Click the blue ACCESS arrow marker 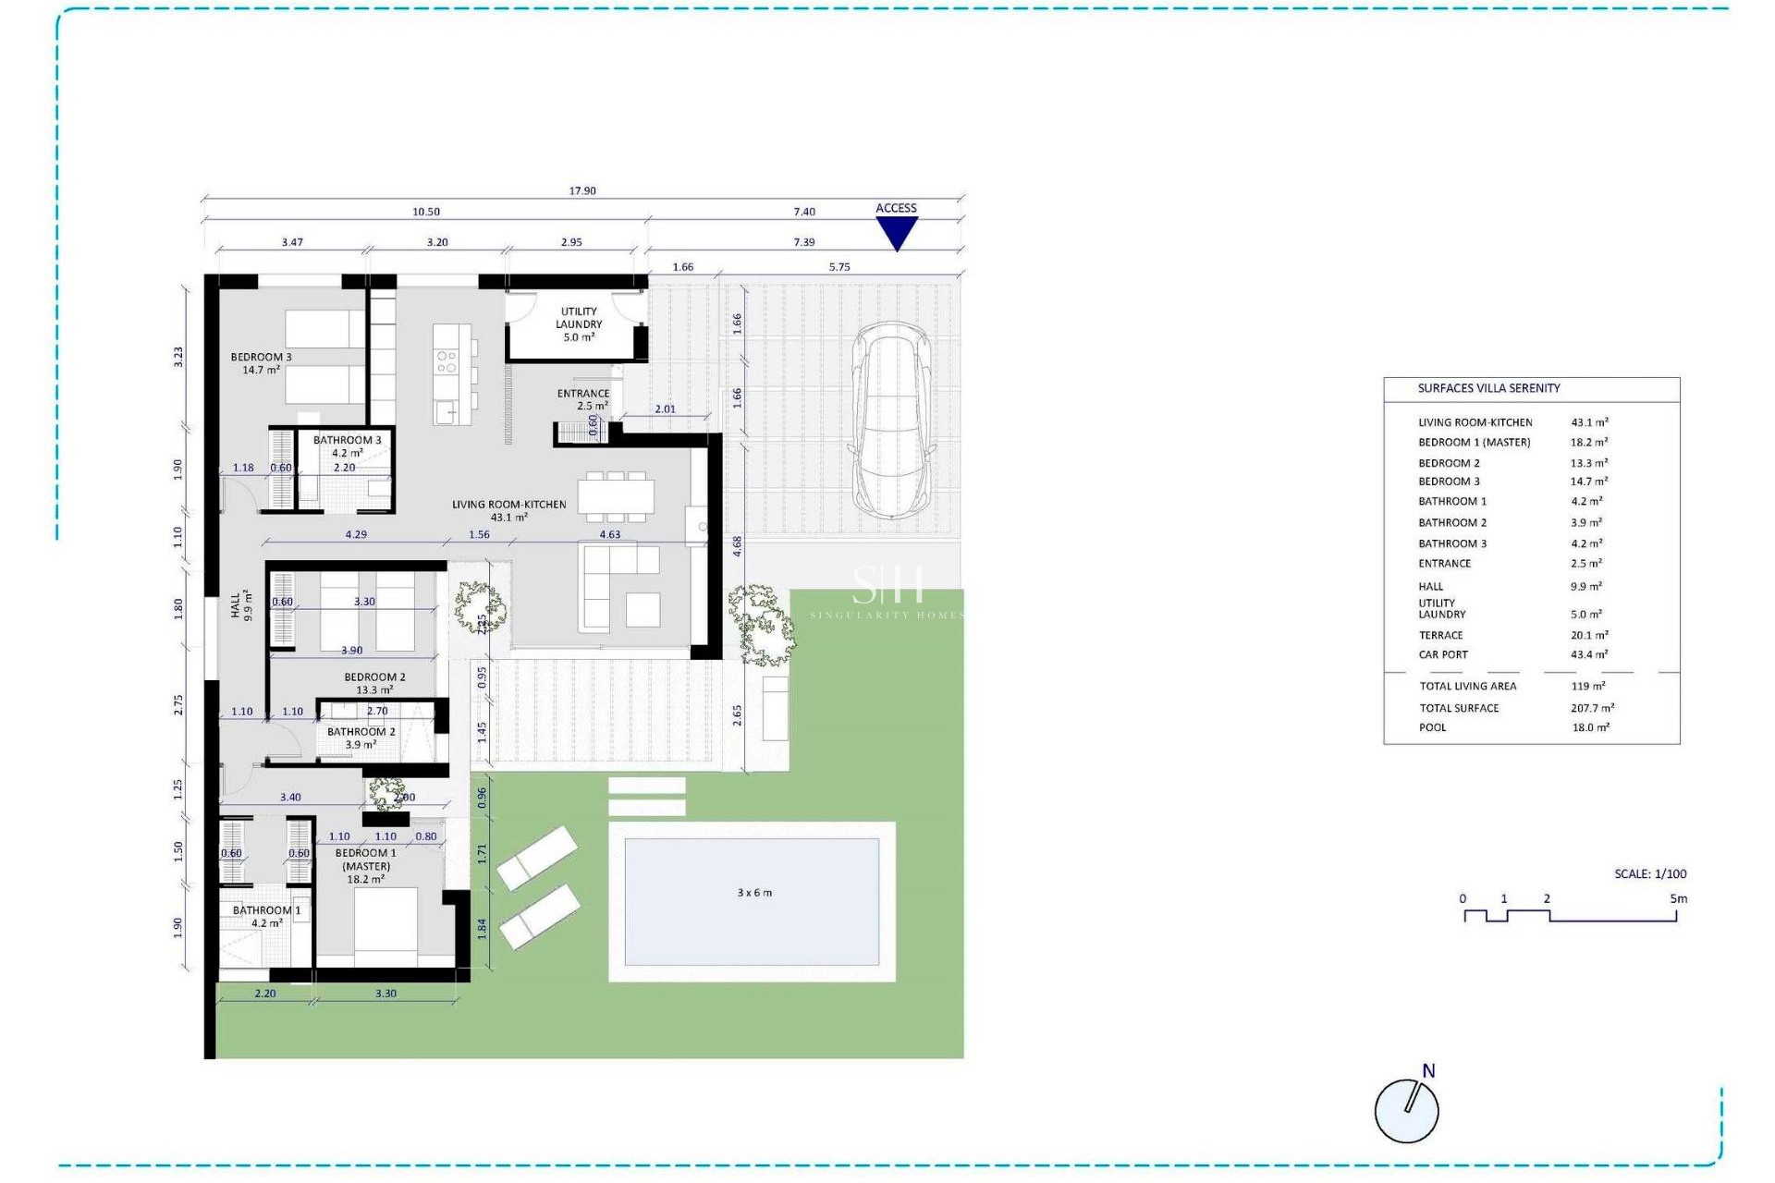tap(896, 232)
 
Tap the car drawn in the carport tap(892, 421)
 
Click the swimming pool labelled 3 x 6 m tap(753, 901)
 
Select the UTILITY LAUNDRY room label tap(579, 324)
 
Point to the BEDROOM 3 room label tap(261, 363)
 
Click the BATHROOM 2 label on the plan tap(361, 738)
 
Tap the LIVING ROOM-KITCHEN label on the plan tap(508, 510)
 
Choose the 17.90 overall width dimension tap(582, 190)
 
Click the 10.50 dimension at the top tap(426, 212)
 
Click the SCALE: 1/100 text tap(1650, 873)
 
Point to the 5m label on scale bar tap(1678, 898)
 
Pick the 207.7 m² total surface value tap(1592, 708)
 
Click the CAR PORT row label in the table tap(1443, 654)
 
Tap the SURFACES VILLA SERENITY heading tap(1488, 388)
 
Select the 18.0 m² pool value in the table tap(1590, 727)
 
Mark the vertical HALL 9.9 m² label tap(241, 605)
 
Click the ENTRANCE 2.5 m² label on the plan tap(583, 399)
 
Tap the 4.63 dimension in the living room tap(609, 534)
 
